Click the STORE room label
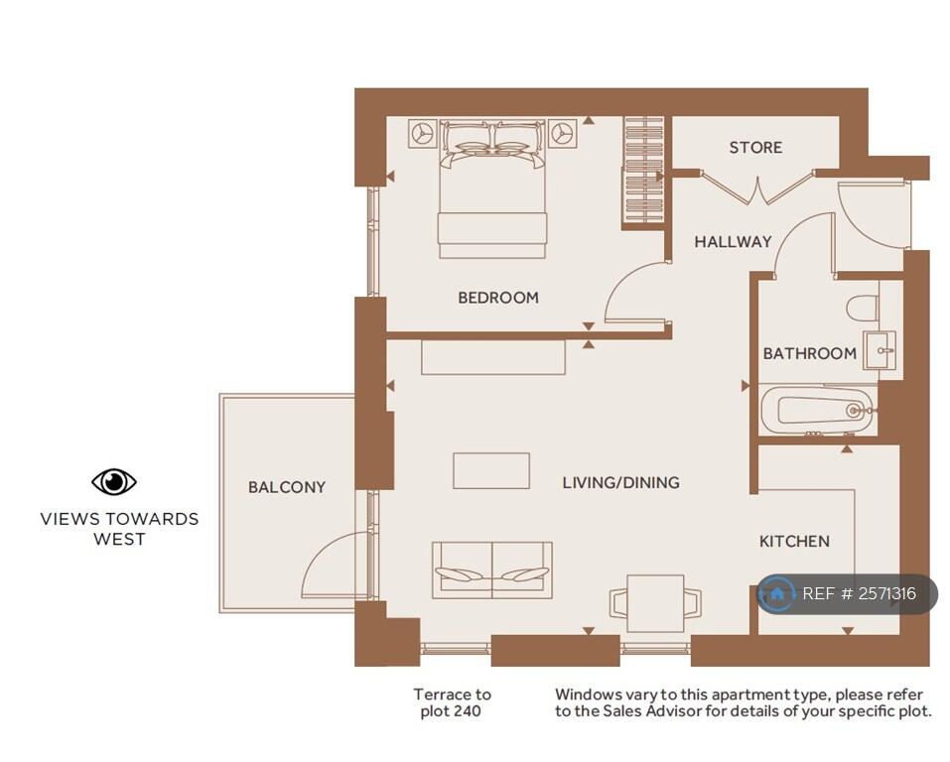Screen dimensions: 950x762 tap(755, 147)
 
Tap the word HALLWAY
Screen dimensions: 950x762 tap(734, 242)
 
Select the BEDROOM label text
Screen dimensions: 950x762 tap(498, 298)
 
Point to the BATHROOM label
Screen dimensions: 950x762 tap(809, 353)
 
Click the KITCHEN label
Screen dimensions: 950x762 tap(794, 541)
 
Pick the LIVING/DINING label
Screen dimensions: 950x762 tap(621, 482)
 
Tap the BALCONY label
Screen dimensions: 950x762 tap(287, 487)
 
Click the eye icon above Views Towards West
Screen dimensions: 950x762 tap(114, 482)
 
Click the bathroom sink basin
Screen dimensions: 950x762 tap(880, 350)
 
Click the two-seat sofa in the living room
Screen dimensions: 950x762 tap(492, 570)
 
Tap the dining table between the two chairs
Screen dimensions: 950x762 tap(655, 603)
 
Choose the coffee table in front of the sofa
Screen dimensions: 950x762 tap(491, 470)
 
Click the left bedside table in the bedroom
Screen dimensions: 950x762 tap(422, 133)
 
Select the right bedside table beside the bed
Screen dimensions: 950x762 tap(563, 133)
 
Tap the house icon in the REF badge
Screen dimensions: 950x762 tap(776, 593)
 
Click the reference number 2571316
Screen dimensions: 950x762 tap(887, 593)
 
